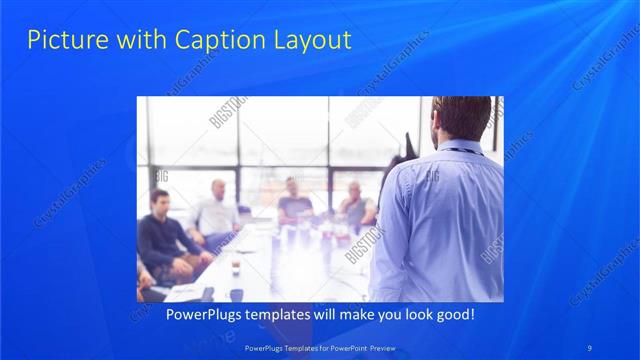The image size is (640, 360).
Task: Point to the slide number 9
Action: [x=590, y=347]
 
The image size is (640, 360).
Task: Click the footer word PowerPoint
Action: [x=345, y=348]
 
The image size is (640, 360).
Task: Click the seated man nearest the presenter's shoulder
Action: [x=356, y=205]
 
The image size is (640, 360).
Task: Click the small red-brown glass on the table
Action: [x=236, y=267]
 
